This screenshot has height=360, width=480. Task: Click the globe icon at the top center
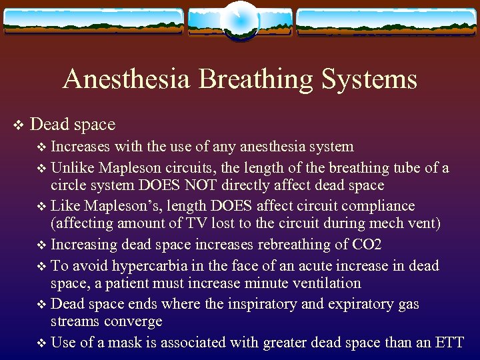(239, 19)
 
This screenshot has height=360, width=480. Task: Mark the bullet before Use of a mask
(43, 343)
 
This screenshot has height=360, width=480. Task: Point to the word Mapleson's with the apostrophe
(117, 206)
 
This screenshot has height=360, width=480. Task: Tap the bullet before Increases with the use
(43, 147)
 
